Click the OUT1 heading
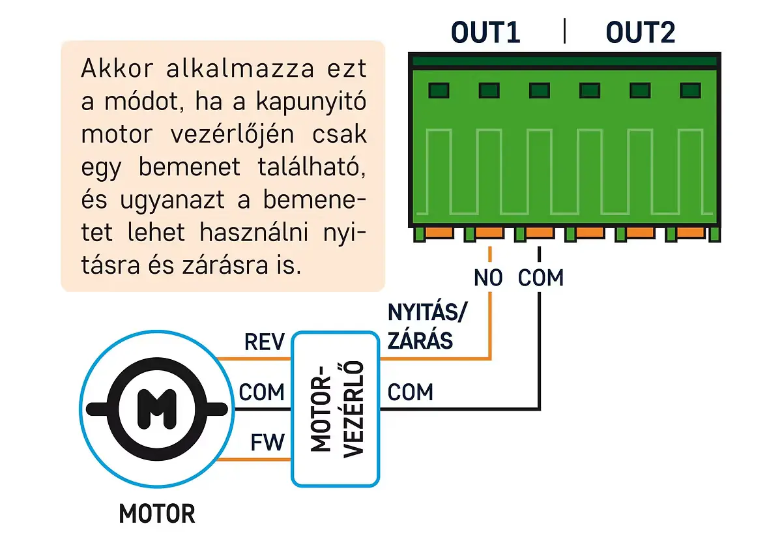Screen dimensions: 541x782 tap(485, 33)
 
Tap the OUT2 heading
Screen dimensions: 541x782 tap(640, 33)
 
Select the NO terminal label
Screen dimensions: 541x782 tap(489, 278)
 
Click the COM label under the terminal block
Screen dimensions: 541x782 tap(540, 278)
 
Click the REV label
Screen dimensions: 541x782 tap(265, 342)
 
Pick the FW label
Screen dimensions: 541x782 tap(267, 443)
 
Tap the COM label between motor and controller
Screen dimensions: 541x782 tap(262, 392)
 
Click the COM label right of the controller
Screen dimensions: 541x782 tap(410, 392)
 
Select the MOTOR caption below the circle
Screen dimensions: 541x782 tap(156, 514)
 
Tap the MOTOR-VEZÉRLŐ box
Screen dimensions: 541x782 tap(335, 409)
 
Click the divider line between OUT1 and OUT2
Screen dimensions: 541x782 tap(564, 31)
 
